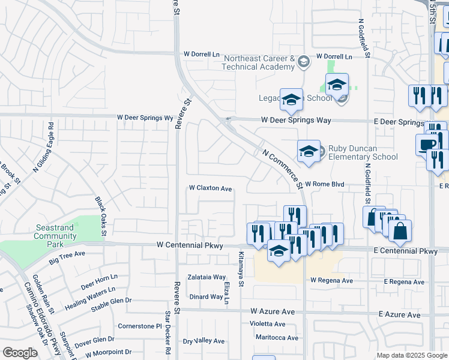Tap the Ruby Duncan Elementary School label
tap(363, 152)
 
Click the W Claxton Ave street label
tap(210, 188)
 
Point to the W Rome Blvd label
tap(324, 184)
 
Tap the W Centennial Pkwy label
tap(189, 245)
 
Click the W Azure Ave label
tap(273, 311)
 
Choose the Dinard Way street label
tap(206, 296)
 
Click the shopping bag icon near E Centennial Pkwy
tap(400, 230)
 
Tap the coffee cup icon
tap(427, 145)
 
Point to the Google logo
tap(20, 353)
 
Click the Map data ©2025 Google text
tap(411, 355)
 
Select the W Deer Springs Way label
tap(296, 120)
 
